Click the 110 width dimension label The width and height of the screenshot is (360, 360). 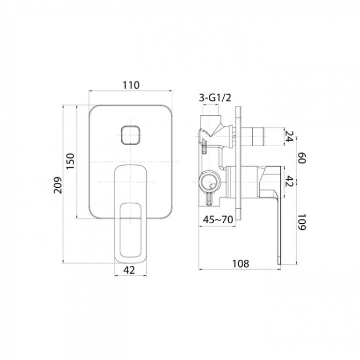coord(131,85)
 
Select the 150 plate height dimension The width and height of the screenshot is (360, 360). coord(71,161)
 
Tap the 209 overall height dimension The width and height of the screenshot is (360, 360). coord(58,185)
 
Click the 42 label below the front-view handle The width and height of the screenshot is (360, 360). coord(129,270)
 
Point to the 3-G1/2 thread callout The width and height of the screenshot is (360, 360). coord(215,98)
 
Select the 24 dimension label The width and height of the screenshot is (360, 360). coord(289,136)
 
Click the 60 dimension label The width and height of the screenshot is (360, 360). coord(301,158)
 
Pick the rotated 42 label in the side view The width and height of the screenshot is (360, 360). coord(289,182)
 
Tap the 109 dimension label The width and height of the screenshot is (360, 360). coord(301,222)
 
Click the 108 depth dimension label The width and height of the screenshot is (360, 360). coord(240,264)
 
